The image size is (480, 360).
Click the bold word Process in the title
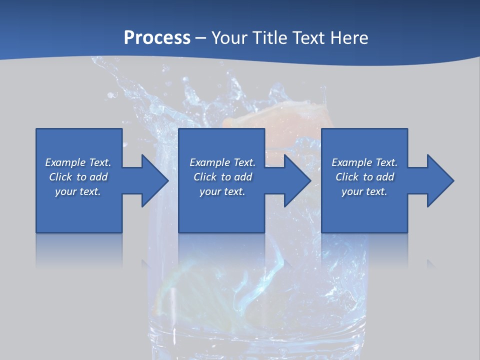(157, 37)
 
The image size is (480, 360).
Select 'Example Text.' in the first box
(78, 162)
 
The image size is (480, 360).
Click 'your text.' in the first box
(78, 191)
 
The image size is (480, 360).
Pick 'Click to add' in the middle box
(222, 177)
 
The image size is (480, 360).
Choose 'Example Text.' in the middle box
(222, 162)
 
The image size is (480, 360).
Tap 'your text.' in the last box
(364, 191)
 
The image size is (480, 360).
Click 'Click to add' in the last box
(364, 177)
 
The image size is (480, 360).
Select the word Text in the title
(306, 37)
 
